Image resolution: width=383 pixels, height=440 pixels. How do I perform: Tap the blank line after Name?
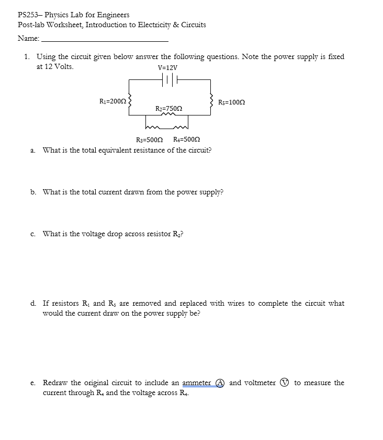coord(105,40)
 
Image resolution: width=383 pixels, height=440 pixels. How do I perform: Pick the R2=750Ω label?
coord(169,108)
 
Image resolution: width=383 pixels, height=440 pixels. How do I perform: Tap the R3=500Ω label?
coord(149,140)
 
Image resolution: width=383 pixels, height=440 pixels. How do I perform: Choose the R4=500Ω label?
coord(186,140)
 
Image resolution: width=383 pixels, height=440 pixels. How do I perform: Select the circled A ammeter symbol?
coord(220,383)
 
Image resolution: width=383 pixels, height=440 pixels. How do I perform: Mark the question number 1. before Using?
coord(27,56)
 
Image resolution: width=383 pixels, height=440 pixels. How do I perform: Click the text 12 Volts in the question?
coord(60,67)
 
